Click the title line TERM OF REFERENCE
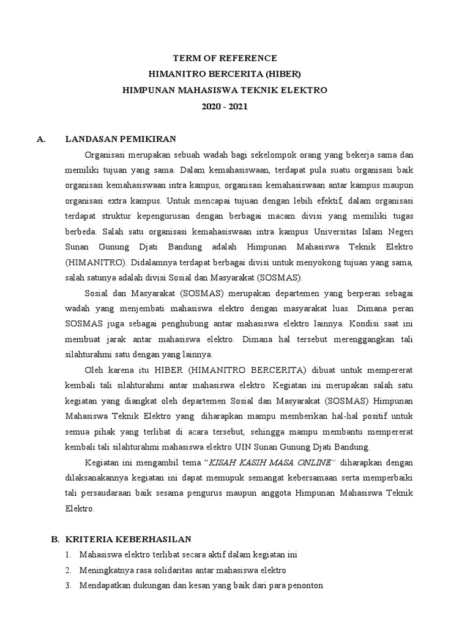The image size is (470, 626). pyautogui.click(x=225, y=58)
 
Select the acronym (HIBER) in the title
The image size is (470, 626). pyautogui.click(x=282, y=74)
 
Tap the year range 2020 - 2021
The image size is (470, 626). pyautogui.click(x=225, y=106)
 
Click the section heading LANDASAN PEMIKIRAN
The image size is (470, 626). pyautogui.click(x=121, y=139)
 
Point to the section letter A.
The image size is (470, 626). pyautogui.click(x=42, y=139)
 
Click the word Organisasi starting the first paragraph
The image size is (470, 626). pyautogui.click(x=107, y=155)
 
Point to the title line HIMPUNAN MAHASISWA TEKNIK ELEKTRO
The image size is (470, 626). pyautogui.click(x=225, y=90)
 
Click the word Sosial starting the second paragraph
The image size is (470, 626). pyautogui.click(x=97, y=293)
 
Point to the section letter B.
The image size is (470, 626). pyautogui.click(x=54, y=539)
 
